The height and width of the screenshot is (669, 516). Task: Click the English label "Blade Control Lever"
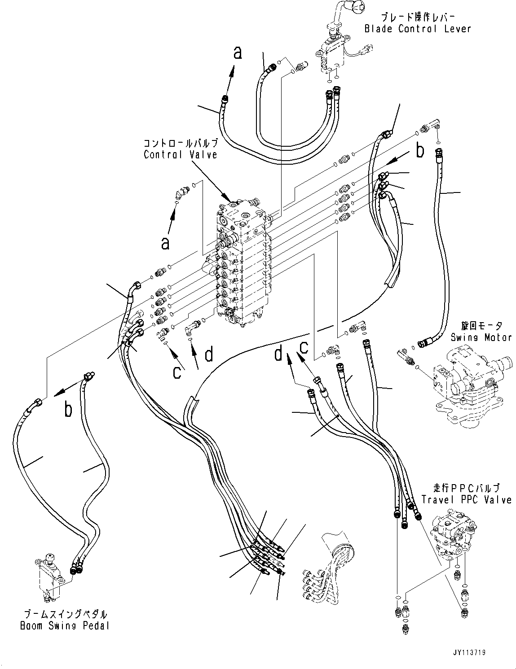tap(417, 29)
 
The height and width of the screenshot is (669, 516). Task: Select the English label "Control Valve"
tap(181, 154)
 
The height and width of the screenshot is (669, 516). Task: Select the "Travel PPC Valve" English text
tap(467, 499)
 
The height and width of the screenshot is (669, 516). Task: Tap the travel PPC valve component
tap(454, 534)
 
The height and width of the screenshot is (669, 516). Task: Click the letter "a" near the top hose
tap(238, 52)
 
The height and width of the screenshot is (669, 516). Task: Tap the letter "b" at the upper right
tap(419, 151)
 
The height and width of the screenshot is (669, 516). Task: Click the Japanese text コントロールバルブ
tap(181, 143)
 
